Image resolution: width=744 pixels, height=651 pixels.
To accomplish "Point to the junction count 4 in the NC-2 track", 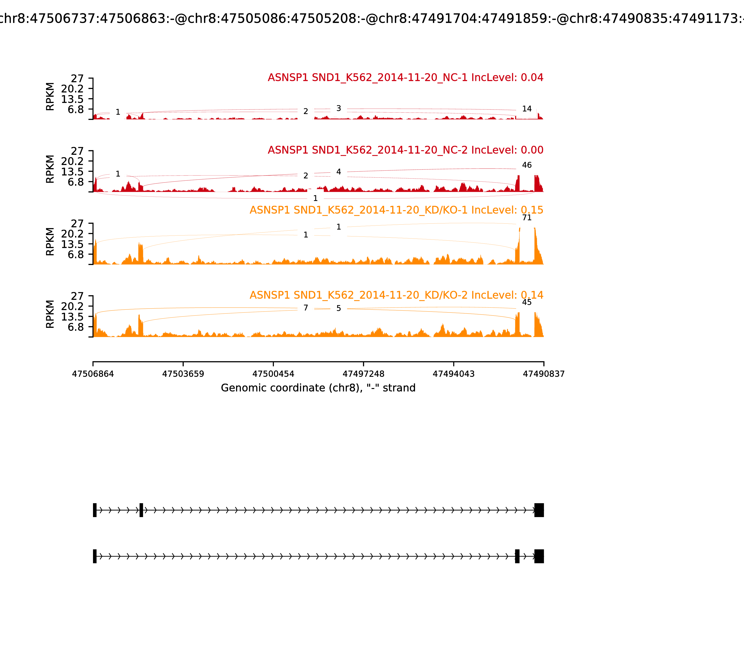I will click(339, 172).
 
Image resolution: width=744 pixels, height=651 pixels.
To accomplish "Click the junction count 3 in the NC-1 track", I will click(339, 108).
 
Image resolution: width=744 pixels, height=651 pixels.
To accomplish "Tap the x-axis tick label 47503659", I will click(183, 374).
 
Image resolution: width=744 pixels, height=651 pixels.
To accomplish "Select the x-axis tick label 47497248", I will click(363, 374).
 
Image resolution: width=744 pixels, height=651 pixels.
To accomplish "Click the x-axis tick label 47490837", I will click(544, 374).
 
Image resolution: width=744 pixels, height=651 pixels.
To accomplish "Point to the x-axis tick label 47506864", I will click(93, 374).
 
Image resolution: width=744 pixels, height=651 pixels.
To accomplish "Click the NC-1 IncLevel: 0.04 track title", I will click(405, 78).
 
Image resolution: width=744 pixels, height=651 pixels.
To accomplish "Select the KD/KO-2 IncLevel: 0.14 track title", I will click(396, 295).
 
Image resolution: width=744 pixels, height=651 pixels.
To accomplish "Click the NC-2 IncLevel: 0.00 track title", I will click(405, 150).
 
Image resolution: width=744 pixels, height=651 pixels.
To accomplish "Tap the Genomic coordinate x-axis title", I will click(318, 388).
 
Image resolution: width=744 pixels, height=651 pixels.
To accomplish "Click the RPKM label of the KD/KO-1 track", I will click(50, 242).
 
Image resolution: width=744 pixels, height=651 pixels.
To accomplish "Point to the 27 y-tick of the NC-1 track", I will click(77, 79).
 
